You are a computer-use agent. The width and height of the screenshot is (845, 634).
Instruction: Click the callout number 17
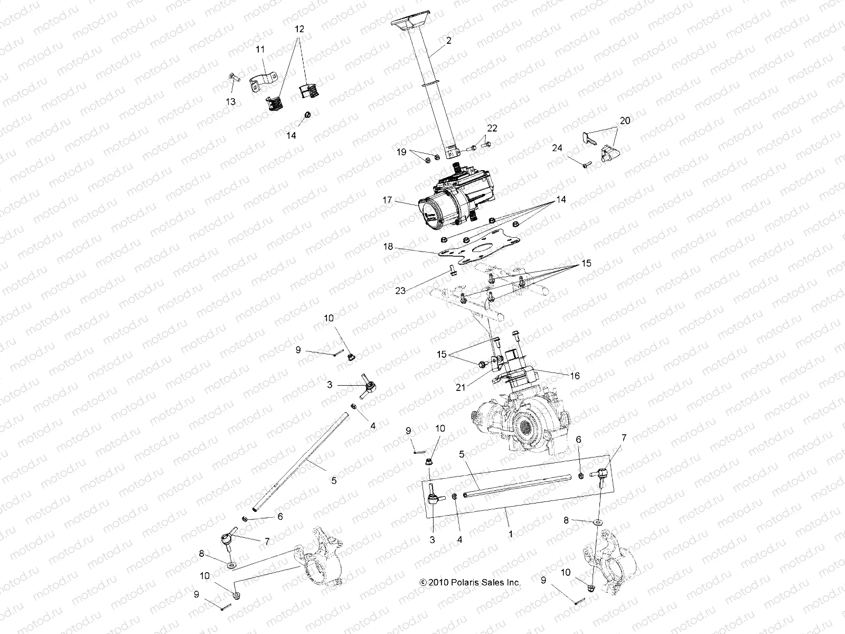(x=388, y=200)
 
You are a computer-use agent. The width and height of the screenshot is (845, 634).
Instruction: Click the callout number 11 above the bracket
(x=260, y=49)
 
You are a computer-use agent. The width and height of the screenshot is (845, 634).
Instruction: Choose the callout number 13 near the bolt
(x=230, y=101)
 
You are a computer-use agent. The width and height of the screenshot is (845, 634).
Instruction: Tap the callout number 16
(x=575, y=376)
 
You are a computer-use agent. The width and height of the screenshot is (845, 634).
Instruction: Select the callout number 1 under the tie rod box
(x=510, y=534)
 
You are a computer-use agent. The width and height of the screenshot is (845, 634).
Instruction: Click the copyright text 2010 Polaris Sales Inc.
(x=470, y=582)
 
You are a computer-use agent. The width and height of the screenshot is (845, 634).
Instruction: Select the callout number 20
(x=625, y=120)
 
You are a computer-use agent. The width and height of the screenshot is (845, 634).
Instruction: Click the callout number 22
(x=492, y=128)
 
